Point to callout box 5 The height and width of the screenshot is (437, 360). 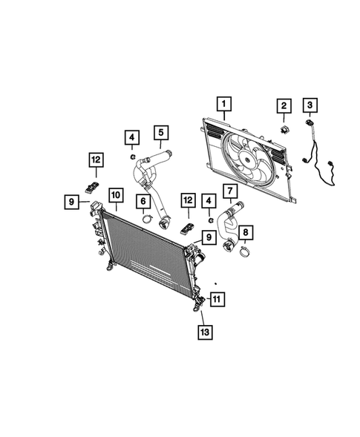[160, 134]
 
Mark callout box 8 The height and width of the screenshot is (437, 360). [246, 232]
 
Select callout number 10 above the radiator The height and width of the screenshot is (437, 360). [115, 196]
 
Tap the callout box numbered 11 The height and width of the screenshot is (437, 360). [216, 300]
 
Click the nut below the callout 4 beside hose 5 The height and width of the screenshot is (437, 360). [131, 157]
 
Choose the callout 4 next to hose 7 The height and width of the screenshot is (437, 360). [210, 200]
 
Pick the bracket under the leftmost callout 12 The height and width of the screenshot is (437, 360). [94, 185]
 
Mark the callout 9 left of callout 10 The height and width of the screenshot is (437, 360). [71, 200]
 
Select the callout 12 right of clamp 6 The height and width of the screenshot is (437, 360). [188, 200]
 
